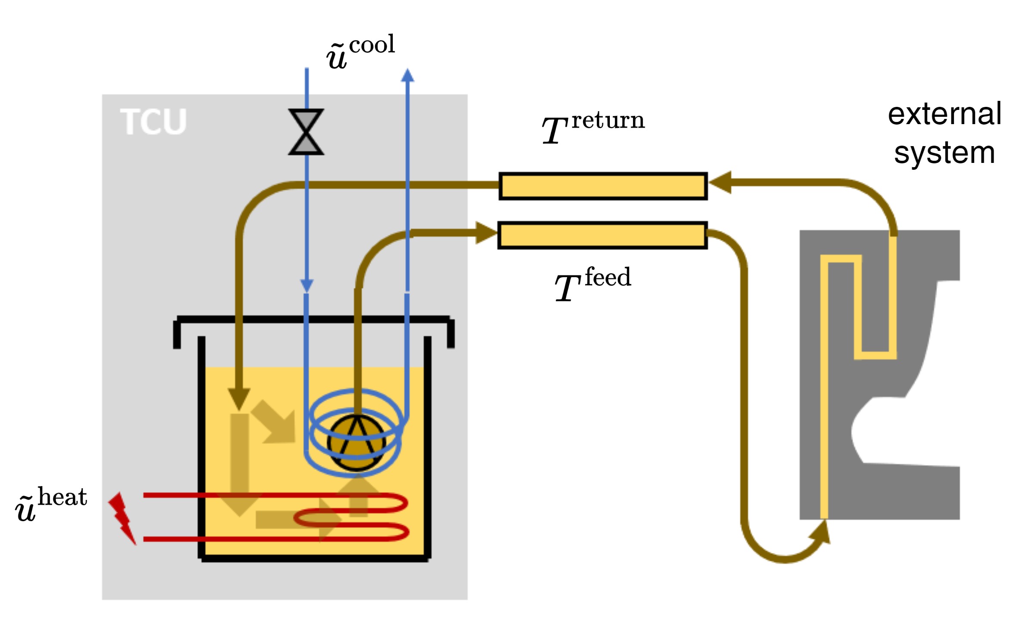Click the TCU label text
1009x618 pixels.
pyautogui.click(x=153, y=122)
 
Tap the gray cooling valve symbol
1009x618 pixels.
pyautogui.click(x=306, y=132)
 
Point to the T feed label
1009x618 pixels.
pyautogui.click(x=593, y=284)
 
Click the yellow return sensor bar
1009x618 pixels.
pyautogui.click(x=603, y=186)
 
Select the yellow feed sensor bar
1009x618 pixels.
pyautogui.click(x=603, y=235)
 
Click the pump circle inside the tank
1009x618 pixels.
pyautogui.click(x=357, y=443)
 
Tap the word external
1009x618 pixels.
pyautogui.click(x=944, y=114)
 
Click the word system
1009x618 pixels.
pyautogui.click(x=944, y=153)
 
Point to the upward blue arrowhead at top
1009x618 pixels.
pyautogui.click(x=407, y=75)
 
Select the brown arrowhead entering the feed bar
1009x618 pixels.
pyautogui.click(x=485, y=233)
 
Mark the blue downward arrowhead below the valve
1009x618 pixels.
pyautogui.click(x=307, y=285)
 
